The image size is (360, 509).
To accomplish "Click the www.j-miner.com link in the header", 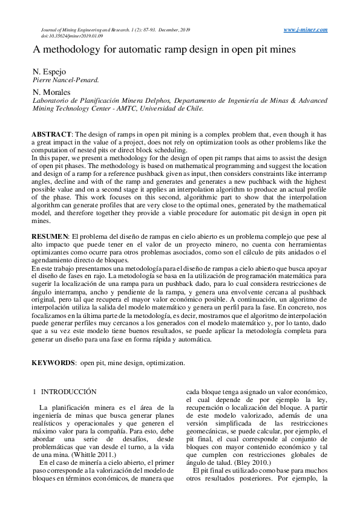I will [x=305, y=30].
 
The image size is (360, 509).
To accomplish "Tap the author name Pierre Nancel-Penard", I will [x=65, y=79].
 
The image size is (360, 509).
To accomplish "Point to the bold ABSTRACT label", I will [x=51, y=133].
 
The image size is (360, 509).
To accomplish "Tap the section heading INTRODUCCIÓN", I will [x=69, y=392].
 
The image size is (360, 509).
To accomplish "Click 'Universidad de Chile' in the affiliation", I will [x=171, y=109].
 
